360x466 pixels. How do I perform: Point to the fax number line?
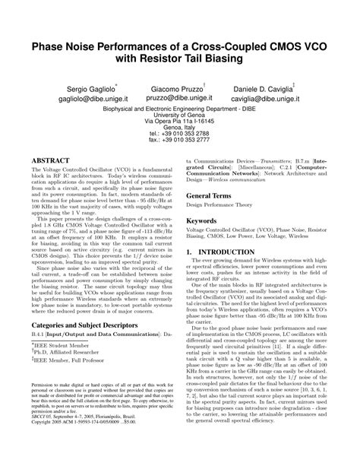(180, 141)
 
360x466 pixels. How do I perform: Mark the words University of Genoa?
(180, 115)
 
